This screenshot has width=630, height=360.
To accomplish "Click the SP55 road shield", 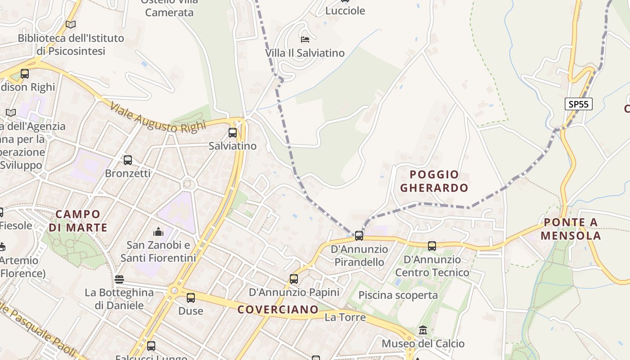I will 578,104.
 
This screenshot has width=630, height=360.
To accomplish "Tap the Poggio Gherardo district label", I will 434,181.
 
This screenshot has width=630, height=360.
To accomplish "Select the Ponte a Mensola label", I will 571,229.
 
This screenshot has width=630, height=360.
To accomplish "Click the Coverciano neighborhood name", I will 278,310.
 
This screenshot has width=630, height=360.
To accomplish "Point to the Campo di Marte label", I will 78,220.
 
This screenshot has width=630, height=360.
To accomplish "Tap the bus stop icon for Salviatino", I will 233,133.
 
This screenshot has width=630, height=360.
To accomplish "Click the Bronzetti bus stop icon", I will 128,160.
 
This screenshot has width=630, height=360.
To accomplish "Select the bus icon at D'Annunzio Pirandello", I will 359,235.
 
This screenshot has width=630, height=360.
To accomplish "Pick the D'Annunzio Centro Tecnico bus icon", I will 432,246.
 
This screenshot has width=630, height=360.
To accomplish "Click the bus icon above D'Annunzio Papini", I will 294,279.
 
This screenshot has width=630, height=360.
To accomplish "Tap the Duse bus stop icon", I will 191,298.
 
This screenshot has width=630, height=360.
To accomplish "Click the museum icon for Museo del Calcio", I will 423,331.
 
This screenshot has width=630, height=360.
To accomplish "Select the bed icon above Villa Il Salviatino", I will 305,39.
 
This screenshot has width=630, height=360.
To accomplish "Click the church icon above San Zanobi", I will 158,232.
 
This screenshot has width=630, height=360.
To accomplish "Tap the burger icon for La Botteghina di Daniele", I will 119,279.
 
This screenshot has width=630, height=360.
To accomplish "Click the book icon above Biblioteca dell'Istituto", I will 71,24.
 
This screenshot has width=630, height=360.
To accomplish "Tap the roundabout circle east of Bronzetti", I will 189,184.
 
